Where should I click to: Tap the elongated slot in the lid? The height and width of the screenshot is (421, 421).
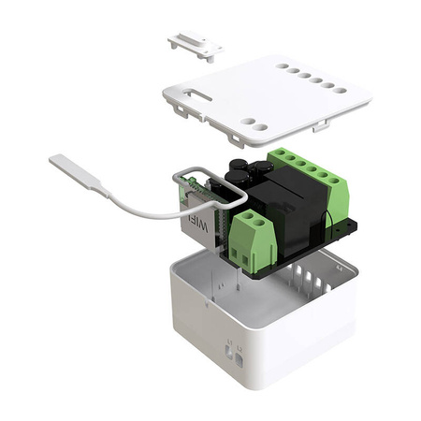coord(199,93)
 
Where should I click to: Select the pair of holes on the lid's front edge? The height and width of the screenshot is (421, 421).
coord(254,123)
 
